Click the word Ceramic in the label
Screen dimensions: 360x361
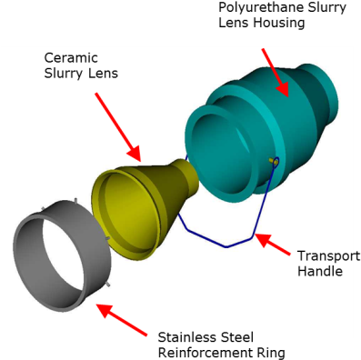(x=68, y=57)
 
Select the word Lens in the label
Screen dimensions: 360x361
(x=102, y=73)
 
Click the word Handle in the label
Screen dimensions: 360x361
(x=320, y=270)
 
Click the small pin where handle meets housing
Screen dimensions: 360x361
(x=273, y=162)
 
